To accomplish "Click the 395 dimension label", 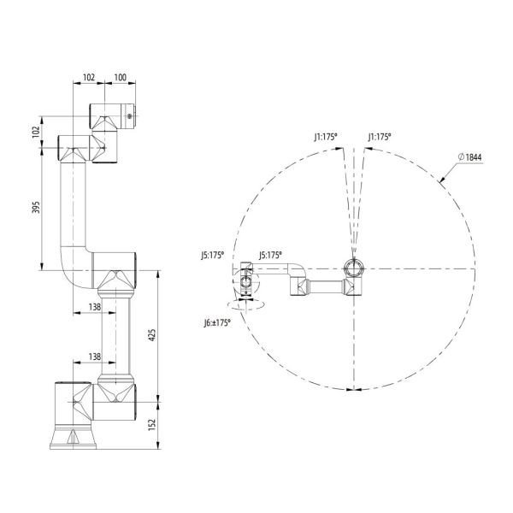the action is tap(36, 208).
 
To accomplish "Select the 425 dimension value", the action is tap(152, 335).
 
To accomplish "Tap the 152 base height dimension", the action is tap(152, 424).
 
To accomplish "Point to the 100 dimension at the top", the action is tap(120, 77).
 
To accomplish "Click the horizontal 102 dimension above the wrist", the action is tap(89, 77).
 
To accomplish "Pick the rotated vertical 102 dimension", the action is tap(36, 132).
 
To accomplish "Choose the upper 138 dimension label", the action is tap(95, 307).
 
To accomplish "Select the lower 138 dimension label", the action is tap(95, 357).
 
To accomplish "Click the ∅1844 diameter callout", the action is tap(470, 157).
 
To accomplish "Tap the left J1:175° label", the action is tap(326, 137).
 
